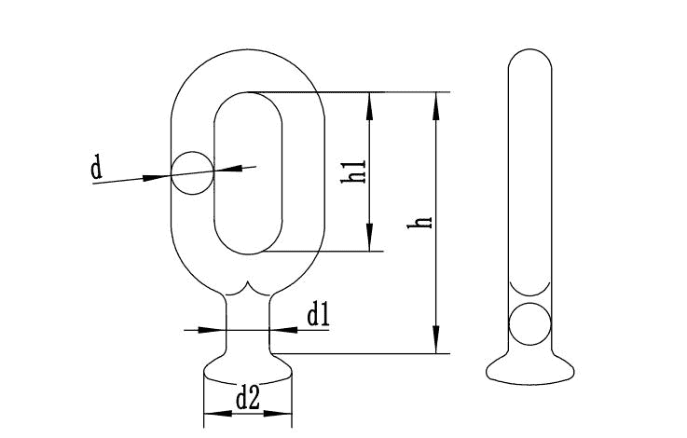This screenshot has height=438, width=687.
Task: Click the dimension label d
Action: click(x=96, y=167)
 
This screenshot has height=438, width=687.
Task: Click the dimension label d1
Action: click(x=318, y=315)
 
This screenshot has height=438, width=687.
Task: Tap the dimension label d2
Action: click(x=248, y=398)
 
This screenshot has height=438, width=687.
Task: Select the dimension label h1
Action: click(x=353, y=171)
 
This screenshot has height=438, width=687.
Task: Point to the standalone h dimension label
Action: click(x=419, y=222)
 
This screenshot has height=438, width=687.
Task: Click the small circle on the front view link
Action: click(x=192, y=173)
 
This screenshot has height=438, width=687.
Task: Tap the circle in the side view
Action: click(x=529, y=323)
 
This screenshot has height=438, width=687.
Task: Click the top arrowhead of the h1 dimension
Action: click(x=369, y=106)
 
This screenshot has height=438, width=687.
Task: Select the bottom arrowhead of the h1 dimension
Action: click(x=369, y=238)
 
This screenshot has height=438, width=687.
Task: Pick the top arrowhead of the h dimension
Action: click(x=435, y=106)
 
